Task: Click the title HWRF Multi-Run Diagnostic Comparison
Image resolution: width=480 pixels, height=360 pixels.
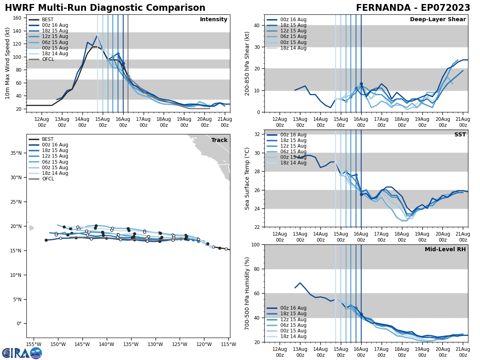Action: click(x=105, y=8)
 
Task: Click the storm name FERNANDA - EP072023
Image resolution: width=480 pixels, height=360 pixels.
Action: click(x=413, y=8)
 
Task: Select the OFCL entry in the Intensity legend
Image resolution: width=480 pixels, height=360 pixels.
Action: click(x=48, y=59)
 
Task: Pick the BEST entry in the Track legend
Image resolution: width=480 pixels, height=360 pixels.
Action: click(x=48, y=139)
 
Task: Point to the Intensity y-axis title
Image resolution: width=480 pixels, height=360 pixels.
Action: click(x=7, y=63)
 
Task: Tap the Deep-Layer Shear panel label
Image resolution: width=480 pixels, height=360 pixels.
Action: click(x=438, y=20)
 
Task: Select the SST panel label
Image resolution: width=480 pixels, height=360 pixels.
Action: click(x=460, y=135)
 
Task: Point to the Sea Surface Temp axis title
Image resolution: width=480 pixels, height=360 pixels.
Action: click(x=247, y=178)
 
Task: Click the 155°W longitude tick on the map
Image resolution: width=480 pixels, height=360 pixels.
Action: click(x=34, y=344)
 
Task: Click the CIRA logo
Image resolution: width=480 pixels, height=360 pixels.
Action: click(x=22, y=353)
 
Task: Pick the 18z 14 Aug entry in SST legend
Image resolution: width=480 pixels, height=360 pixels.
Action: click(x=294, y=163)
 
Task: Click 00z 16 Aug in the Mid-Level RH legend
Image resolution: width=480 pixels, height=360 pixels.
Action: click(x=294, y=308)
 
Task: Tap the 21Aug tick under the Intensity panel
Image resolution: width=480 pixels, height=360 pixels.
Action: click(x=225, y=122)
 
